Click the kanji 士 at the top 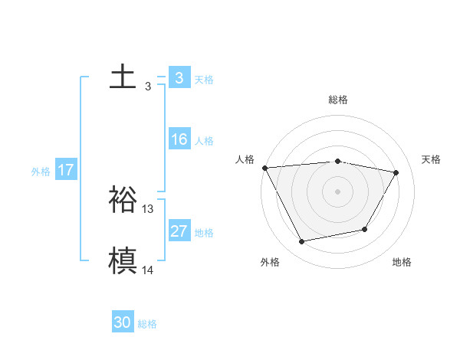click(x=123, y=77)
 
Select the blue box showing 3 click(x=179, y=78)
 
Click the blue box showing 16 click(x=179, y=139)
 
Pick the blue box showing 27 click(x=179, y=231)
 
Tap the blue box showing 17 click(x=66, y=170)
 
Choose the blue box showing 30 click(x=123, y=322)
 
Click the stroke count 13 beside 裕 click(x=148, y=208)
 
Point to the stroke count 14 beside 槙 click(x=148, y=270)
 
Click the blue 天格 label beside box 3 click(x=204, y=80)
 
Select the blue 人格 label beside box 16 click(x=204, y=141)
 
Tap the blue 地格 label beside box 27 click(x=204, y=233)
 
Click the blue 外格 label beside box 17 click(x=41, y=172)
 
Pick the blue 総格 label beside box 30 click(x=147, y=324)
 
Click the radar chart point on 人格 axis click(x=264, y=168)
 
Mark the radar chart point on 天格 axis click(x=396, y=172)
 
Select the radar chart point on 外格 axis click(x=302, y=242)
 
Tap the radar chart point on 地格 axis click(x=365, y=229)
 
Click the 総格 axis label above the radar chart click(x=338, y=100)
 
